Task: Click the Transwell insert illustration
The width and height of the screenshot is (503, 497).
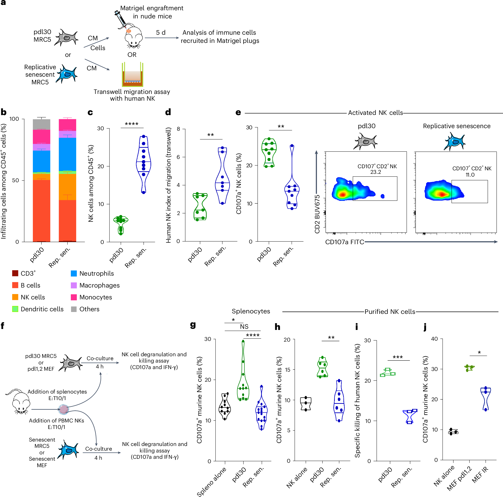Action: tap(133, 75)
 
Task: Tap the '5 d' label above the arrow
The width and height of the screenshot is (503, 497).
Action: tap(161, 33)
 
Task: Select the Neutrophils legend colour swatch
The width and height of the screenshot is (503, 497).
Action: tap(74, 273)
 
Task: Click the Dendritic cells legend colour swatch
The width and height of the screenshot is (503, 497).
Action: tap(15, 309)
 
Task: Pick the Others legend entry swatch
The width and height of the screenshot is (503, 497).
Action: tap(74, 309)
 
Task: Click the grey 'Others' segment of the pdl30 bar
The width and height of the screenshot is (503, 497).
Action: tap(41, 124)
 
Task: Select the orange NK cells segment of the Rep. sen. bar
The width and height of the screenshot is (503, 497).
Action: tap(67, 187)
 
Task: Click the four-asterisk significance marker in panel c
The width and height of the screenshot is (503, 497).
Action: tap(131, 124)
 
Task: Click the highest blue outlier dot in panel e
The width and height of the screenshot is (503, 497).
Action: tap(292, 146)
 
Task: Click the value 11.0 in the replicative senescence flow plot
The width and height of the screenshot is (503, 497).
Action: tap(470, 175)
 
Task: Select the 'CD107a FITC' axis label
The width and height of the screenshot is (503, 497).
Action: tap(344, 242)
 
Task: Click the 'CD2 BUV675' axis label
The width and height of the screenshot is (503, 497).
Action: tap(317, 214)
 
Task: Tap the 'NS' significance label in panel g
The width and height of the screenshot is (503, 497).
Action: tap(244, 326)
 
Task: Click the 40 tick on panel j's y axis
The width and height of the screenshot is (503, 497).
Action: tap(434, 339)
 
